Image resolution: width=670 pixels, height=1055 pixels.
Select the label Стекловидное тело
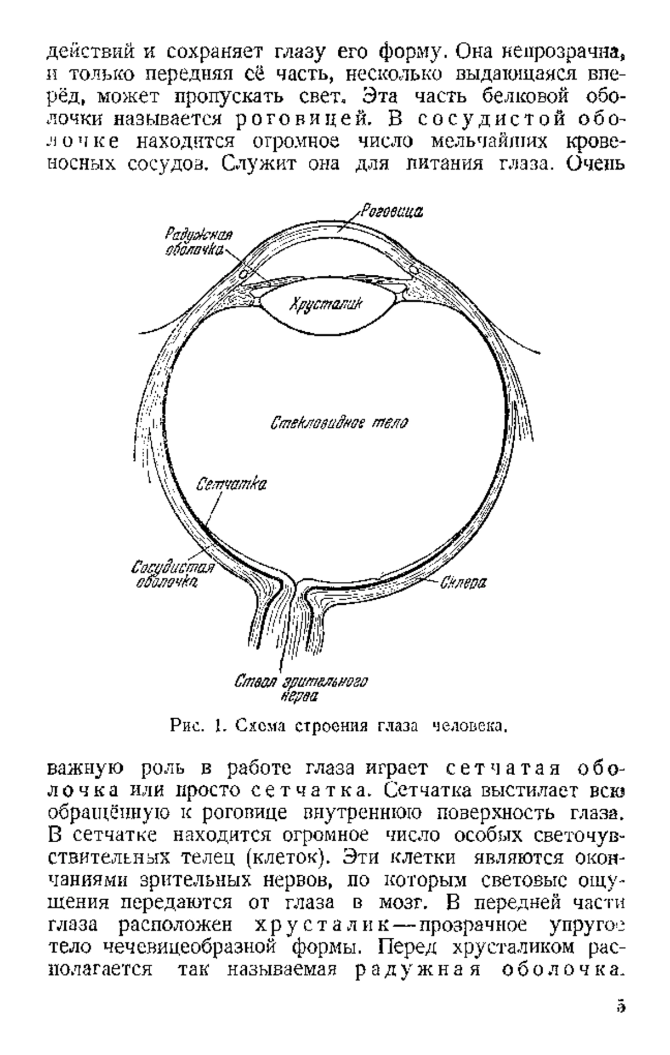click(x=339, y=423)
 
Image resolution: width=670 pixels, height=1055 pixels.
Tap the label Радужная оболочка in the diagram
click(x=199, y=242)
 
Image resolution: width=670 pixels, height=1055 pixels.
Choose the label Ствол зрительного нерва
click(x=301, y=689)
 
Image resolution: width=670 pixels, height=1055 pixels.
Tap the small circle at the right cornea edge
click(x=414, y=270)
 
